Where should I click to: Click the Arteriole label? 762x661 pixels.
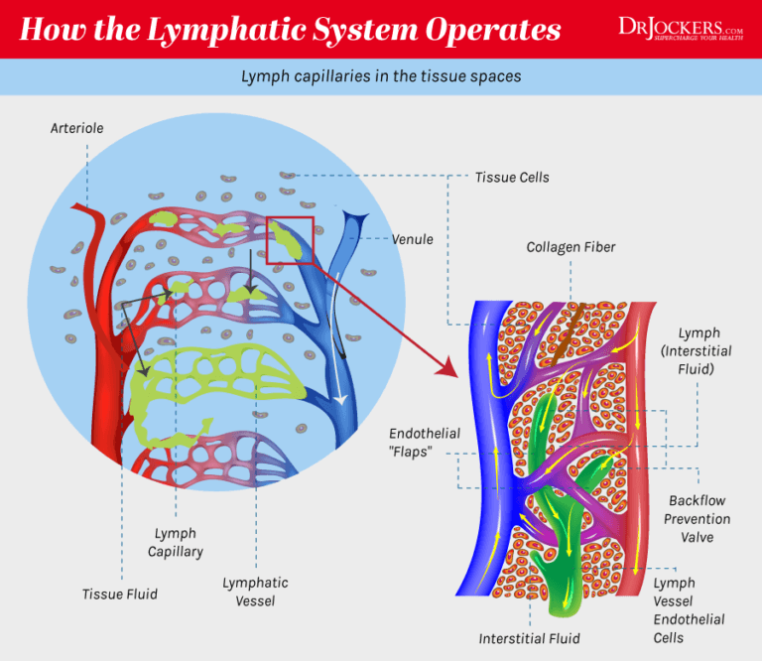coord(76,128)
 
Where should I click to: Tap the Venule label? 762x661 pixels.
coord(412,239)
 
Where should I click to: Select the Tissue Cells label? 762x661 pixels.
coord(511,178)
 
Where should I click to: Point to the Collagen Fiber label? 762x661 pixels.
coord(571,247)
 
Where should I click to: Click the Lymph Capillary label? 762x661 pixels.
coord(175,543)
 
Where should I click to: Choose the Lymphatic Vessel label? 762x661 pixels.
coord(255,592)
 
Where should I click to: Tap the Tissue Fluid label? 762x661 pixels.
coord(119,595)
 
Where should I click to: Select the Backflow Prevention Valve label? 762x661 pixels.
coord(698,518)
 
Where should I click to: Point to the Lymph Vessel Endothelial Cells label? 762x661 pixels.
coord(689,609)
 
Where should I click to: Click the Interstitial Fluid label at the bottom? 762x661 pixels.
coord(529,638)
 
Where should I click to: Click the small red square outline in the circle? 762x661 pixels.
coord(290,240)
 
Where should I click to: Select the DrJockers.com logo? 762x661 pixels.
coord(680,29)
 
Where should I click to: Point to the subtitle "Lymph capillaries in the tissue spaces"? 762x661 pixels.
coord(380,75)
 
